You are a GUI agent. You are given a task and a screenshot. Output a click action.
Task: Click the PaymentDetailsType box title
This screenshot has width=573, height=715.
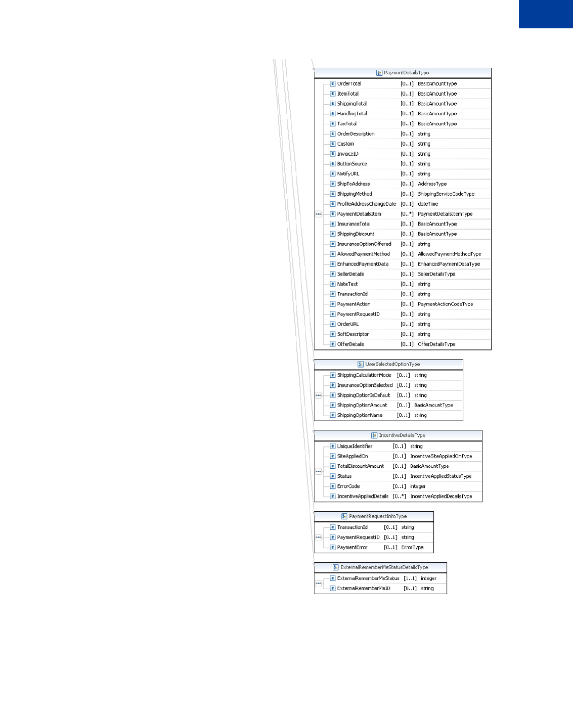coord(406,73)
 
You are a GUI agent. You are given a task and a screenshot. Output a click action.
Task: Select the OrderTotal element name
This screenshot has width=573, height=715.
coord(349,84)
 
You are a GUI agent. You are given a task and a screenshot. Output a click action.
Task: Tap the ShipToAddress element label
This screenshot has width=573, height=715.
coord(354,184)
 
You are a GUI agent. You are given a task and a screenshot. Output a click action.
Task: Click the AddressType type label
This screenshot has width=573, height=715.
coord(432,184)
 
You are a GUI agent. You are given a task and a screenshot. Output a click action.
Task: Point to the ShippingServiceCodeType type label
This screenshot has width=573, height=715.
coord(446,194)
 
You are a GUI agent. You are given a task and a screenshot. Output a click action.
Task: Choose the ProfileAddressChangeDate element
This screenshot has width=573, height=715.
coord(367,204)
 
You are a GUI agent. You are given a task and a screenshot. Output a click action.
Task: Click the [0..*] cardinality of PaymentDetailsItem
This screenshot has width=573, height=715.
coord(407,214)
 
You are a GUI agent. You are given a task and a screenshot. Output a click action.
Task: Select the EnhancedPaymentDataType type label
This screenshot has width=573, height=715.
coord(449,264)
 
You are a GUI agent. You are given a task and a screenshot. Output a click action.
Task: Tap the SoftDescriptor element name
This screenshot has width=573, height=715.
coord(353,334)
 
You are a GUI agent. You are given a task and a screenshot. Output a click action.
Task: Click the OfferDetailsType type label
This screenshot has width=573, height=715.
coord(436,344)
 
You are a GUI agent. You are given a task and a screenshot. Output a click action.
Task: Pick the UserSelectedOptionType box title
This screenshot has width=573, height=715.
coord(392,364)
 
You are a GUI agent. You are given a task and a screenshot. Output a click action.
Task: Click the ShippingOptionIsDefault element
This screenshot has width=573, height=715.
coord(364,395)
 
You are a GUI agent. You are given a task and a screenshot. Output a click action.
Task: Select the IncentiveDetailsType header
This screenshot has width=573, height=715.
coord(402,435)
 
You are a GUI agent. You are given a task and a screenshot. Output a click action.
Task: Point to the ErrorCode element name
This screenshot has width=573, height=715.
coord(348,486)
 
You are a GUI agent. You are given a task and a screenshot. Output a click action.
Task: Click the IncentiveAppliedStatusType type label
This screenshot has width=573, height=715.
coord(440,476)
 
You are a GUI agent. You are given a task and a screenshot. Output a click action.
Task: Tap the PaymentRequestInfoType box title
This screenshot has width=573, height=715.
coord(378,516)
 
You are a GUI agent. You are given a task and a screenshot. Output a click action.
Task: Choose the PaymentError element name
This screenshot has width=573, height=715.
coord(352,548)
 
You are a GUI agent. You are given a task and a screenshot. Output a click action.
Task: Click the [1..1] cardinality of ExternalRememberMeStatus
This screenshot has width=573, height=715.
coord(410,578)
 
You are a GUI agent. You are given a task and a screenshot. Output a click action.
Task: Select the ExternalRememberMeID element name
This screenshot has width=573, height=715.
coord(364,589)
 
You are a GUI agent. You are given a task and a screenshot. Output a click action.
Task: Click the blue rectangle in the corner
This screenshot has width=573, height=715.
coord(546,14)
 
